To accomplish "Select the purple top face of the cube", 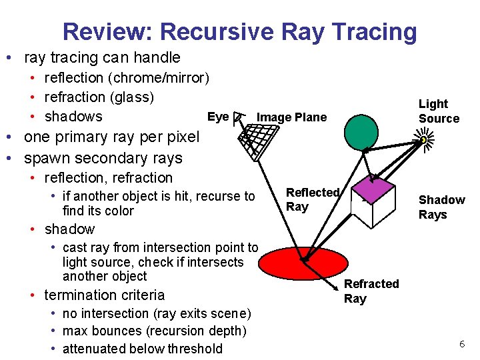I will click(x=376, y=190).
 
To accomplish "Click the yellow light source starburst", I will click(x=423, y=141).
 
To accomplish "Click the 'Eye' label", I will click(x=218, y=117).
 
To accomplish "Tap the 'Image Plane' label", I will click(x=291, y=117).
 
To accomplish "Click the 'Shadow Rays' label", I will click(x=441, y=207).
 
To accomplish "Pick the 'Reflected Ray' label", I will click(x=312, y=199).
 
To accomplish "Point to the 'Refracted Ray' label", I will click(x=371, y=291).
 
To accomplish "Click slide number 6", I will click(x=461, y=344).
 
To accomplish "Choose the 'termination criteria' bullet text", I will click(x=103, y=295).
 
